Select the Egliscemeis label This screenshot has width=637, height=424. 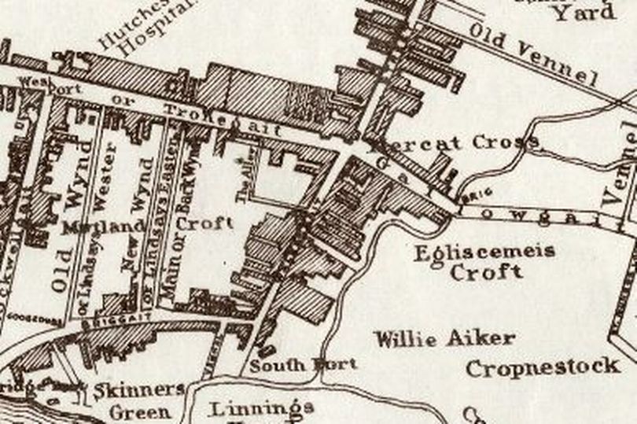click(x=485, y=252)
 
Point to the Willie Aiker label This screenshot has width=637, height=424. click(x=444, y=339)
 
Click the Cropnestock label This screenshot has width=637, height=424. click(x=542, y=367)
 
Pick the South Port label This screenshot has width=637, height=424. click(x=304, y=364)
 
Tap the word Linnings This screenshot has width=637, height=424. click(x=263, y=407)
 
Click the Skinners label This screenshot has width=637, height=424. click(x=149, y=389)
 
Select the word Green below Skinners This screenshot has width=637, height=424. click(x=139, y=411)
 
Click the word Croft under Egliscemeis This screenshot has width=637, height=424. click(x=486, y=273)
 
